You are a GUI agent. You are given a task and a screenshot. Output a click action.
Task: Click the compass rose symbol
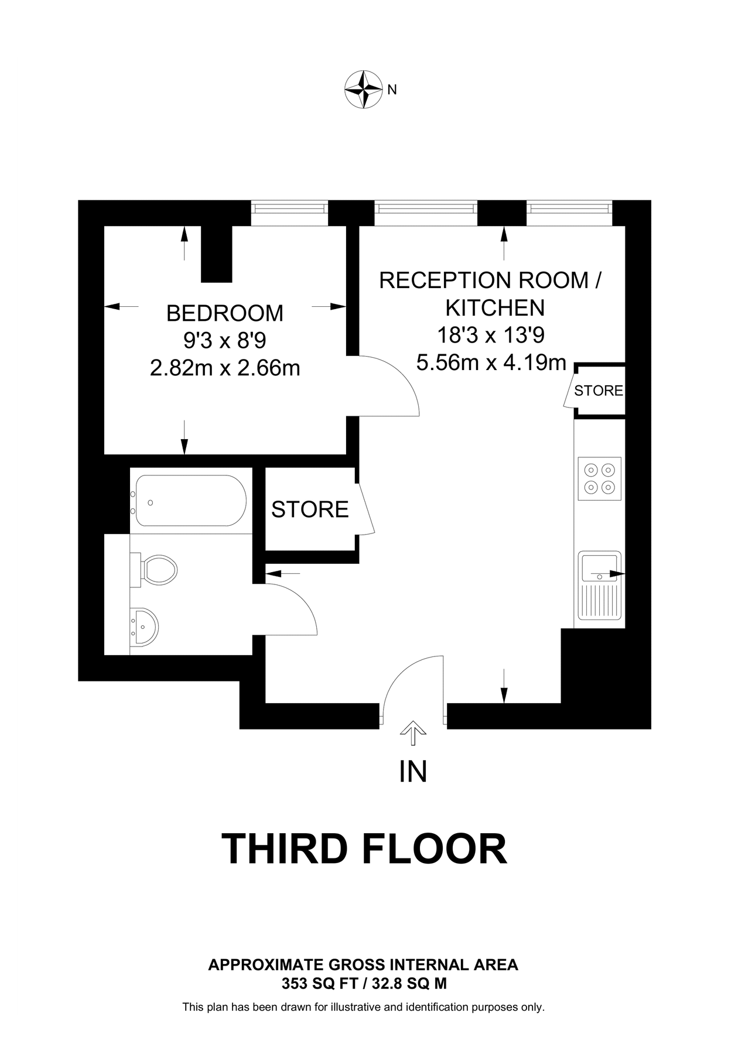point(363,90)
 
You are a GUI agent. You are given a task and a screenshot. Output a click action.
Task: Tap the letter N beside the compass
point(392,90)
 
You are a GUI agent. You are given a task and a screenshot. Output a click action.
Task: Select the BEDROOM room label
point(225,313)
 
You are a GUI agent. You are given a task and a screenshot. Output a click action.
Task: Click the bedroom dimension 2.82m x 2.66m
point(225,368)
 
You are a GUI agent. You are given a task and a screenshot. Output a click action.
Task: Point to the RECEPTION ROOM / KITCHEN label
point(491,293)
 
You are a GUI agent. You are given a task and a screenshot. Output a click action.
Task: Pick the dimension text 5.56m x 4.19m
point(491,362)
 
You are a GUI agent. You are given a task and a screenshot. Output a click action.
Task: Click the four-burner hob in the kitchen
point(599,478)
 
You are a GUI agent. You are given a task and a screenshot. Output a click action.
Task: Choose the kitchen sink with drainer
point(599,585)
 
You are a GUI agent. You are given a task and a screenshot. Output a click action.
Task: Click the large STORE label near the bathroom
point(310,509)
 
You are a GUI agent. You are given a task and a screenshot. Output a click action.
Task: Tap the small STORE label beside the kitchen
point(598,391)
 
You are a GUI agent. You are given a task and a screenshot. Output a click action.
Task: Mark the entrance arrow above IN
point(413,732)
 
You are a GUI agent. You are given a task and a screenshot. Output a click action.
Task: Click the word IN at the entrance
point(413,772)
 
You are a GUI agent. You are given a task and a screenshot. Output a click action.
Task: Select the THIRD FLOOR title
point(364,849)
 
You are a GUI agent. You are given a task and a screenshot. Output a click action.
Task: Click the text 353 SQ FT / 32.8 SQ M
point(364,984)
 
